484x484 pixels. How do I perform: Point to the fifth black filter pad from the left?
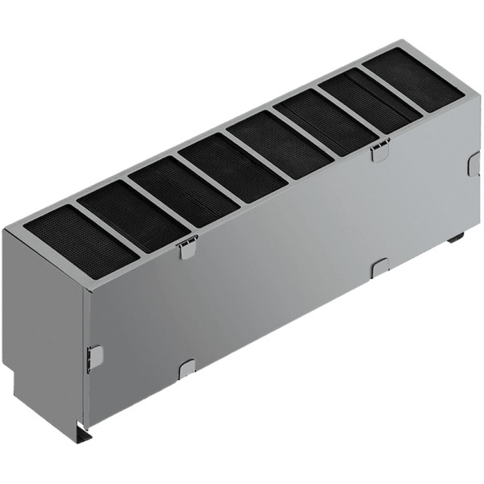pos(279,144)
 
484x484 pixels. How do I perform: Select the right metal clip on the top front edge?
pos(380,150)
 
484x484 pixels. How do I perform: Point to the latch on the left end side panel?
pos(95,358)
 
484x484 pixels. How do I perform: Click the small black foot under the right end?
pos(456,237)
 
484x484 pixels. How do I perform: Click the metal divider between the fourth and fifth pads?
pos(256,156)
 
